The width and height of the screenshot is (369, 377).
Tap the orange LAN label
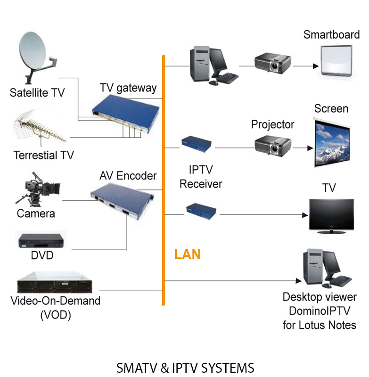click(187, 254)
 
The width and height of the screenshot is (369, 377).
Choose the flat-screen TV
click(331, 214)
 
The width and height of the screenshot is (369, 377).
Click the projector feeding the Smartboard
click(272, 62)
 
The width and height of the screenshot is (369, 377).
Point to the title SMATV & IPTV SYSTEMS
click(185, 367)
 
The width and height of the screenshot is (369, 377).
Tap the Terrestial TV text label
click(44, 155)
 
